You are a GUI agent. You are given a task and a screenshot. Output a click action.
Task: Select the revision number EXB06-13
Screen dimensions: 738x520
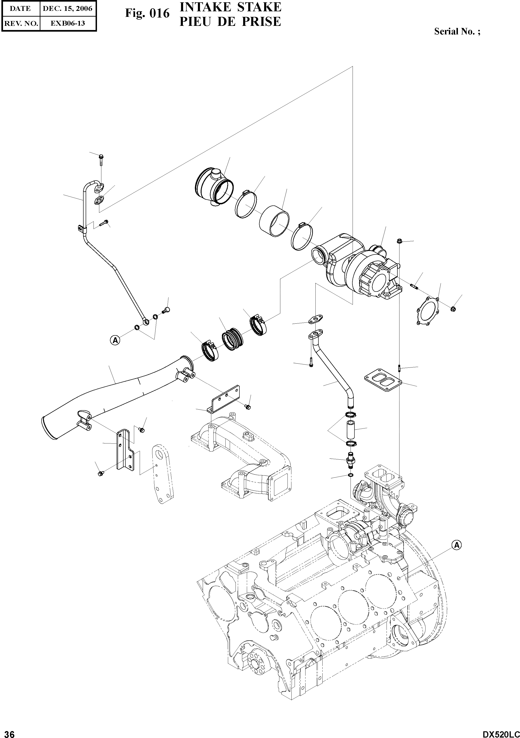pos(67,23)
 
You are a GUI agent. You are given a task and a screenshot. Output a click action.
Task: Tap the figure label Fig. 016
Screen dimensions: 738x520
pos(147,13)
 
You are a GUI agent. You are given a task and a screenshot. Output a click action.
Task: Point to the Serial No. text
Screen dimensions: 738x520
pos(457,31)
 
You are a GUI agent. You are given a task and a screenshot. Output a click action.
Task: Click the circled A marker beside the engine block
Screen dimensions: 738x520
pos(457,545)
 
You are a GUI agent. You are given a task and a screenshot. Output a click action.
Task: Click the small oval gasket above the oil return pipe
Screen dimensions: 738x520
pos(315,319)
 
